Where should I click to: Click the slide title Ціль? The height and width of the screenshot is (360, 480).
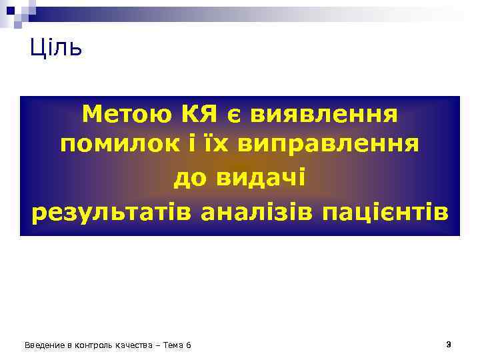coord(56,48)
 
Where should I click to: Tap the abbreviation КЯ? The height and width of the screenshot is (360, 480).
coord(200,115)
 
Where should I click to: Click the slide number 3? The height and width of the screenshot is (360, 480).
coord(449,344)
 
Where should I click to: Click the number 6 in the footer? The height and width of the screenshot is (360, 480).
coord(189,345)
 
